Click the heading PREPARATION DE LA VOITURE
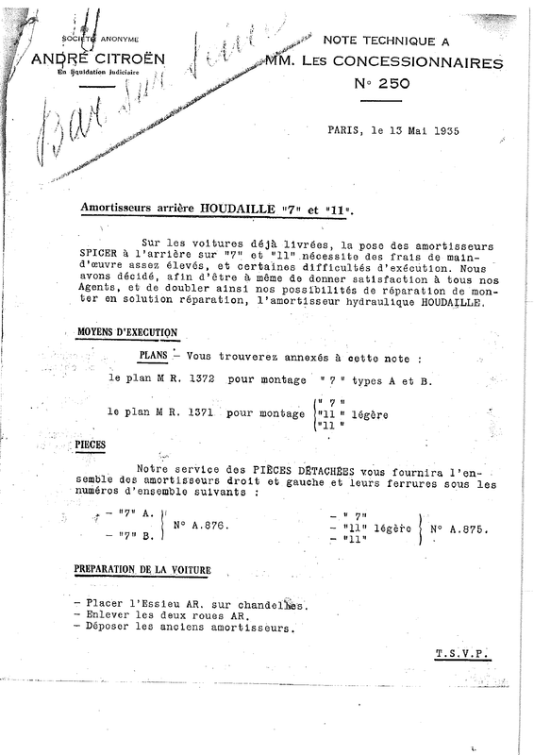pyautogui.click(x=142, y=571)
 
